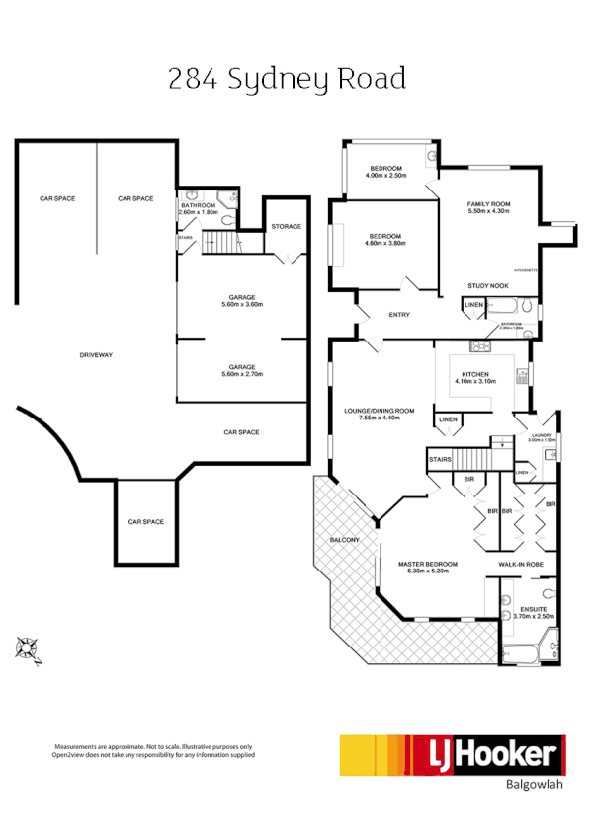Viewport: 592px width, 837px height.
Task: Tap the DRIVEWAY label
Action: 96,354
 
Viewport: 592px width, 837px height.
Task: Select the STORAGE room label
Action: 287,227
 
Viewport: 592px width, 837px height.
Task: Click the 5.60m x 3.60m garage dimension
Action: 242,305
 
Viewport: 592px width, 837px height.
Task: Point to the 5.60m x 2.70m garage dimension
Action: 242,374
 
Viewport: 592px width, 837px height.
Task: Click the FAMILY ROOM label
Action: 487,204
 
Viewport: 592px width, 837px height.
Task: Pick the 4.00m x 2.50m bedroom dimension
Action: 387,176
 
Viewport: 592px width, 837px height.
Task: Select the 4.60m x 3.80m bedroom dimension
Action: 384,244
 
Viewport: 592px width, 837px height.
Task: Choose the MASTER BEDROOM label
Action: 427,564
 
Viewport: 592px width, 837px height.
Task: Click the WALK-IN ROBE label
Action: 519,564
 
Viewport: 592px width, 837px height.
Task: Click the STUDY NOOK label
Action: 487,286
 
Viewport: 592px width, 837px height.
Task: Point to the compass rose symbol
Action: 27,648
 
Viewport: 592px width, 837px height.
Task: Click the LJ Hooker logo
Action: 452,756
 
